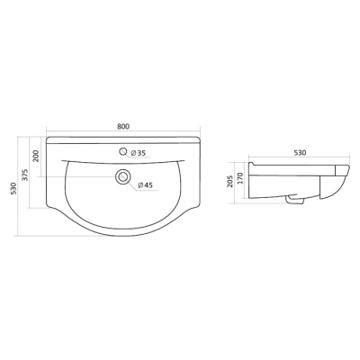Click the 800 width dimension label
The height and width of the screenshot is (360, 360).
[x=123, y=127]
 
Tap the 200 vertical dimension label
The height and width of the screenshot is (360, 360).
[x=36, y=156]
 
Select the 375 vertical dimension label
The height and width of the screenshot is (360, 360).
[x=25, y=175]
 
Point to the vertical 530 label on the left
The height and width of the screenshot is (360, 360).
[x=13, y=188]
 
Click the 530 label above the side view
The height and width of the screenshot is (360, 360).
[x=300, y=153]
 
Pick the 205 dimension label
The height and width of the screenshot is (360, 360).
[x=230, y=181]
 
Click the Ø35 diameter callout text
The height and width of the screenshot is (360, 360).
[x=138, y=153]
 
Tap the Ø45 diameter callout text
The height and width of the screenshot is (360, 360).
[x=145, y=185]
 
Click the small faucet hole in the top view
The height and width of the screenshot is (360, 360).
[x=123, y=152]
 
